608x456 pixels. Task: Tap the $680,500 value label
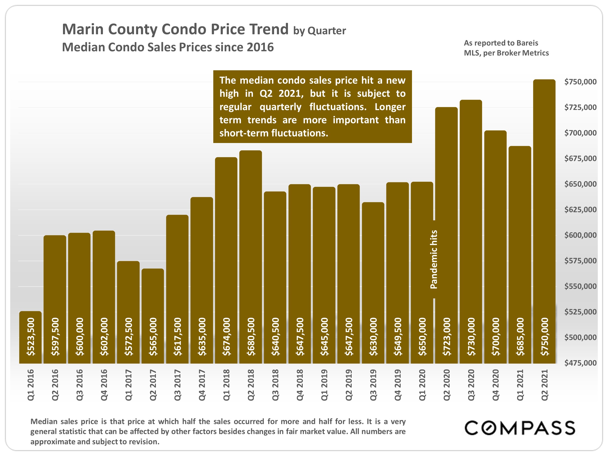(x=251, y=336)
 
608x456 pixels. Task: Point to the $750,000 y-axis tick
(x=580, y=82)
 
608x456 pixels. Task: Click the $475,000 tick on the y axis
(x=580, y=363)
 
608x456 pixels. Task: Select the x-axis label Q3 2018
(x=275, y=385)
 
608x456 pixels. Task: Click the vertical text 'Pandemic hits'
(x=433, y=259)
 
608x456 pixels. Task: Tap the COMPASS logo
(x=519, y=428)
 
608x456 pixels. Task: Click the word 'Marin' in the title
(x=82, y=29)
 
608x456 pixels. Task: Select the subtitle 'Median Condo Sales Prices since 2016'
(x=168, y=47)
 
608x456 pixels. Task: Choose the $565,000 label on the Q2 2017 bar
(x=153, y=336)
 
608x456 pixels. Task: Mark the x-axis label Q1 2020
(x=422, y=385)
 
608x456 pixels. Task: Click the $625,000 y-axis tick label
(x=580, y=209)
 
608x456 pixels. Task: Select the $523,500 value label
(x=30, y=336)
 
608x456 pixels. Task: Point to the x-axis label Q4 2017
(x=202, y=385)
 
